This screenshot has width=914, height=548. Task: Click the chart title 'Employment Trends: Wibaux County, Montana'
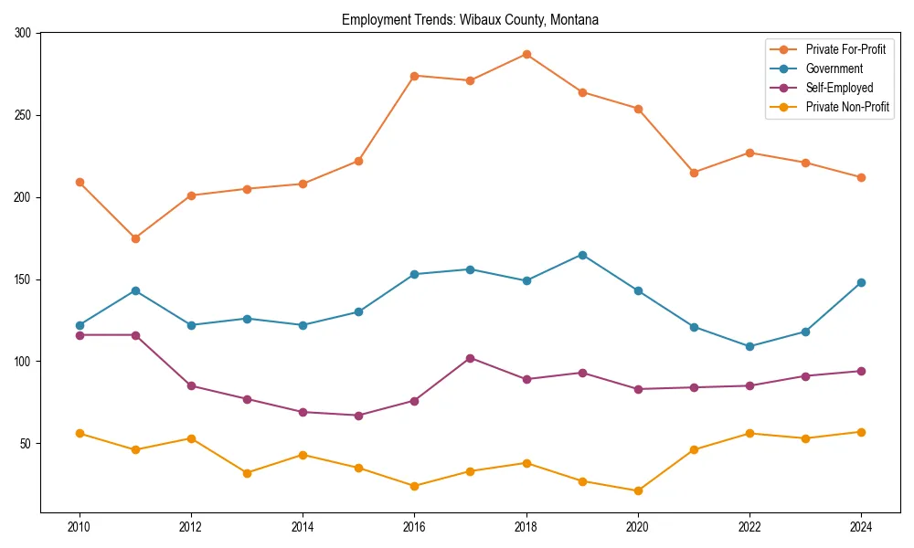pos(470,19)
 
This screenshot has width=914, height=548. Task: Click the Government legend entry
pos(834,68)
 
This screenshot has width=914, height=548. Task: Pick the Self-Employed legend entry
pos(839,88)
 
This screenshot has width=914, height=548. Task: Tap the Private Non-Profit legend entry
pos(847,107)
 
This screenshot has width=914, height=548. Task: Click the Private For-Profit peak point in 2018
pos(526,54)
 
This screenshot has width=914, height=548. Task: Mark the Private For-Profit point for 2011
pos(135,238)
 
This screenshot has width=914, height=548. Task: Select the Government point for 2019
pos(582,255)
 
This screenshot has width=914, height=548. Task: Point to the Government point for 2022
pos(749,346)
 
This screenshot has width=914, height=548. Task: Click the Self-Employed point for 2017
pos(471,358)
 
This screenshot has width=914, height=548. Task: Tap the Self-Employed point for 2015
pos(358,416)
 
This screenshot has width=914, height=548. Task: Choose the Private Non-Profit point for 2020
pos(638,490)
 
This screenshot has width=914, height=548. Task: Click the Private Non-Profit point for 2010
pos(80,433)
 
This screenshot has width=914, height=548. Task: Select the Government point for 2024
pos(861,282)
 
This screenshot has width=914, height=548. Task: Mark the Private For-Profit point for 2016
pos(414,76)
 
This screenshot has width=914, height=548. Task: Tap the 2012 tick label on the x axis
pos(191,527)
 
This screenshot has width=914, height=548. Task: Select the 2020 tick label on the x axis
pos(638,527)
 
